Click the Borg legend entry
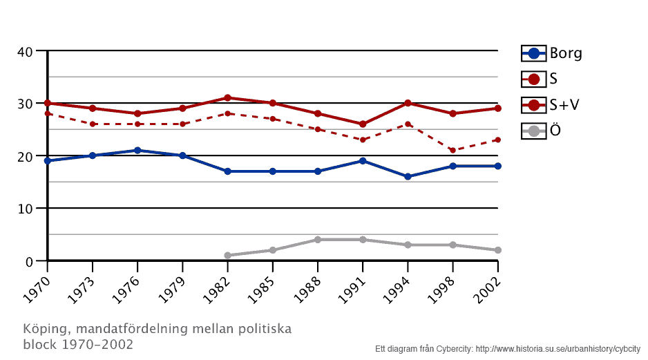point(551,53)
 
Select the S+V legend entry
point(551,104)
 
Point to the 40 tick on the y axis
point(26,51)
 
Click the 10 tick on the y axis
point(26,209)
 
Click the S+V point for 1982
point(227,97)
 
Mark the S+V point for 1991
point(363,124)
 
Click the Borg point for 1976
point(137,150)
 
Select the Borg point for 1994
point(408,176)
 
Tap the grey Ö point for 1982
point(227,256)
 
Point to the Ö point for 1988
point(318,240)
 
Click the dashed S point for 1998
point(452,150)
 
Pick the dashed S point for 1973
point(93,124)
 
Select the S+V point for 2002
point(497,108)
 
